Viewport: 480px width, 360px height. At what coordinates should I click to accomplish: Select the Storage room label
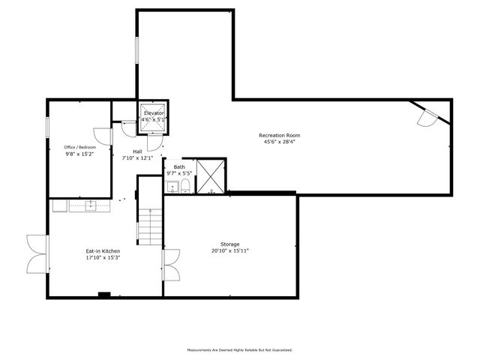230,244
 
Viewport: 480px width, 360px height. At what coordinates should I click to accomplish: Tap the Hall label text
137,151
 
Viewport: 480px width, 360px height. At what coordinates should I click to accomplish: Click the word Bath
179,166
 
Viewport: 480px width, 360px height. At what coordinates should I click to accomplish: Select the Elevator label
154,112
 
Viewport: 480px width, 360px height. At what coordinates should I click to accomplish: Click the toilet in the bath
185,186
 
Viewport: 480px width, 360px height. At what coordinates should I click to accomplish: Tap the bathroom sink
171,186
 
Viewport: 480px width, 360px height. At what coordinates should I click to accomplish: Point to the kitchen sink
90,203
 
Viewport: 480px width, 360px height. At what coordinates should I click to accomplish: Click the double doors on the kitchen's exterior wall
37,254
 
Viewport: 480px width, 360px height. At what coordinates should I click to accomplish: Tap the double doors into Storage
171,264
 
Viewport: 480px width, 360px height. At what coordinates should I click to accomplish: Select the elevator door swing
155,142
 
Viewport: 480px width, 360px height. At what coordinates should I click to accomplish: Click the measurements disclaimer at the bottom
239,349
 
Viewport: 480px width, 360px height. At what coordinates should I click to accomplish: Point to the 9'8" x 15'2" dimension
80,154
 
